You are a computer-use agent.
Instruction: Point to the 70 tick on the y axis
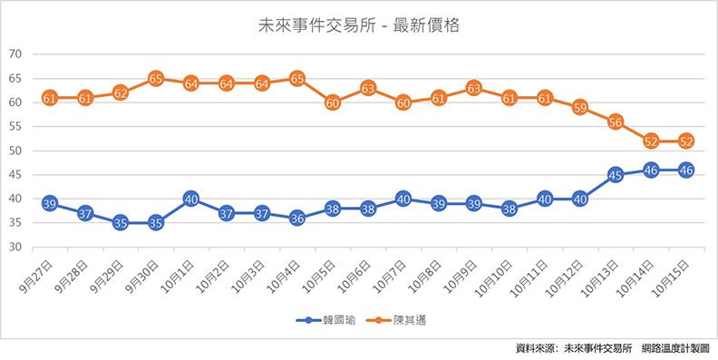(15, 54)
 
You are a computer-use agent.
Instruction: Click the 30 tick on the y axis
(15, 248)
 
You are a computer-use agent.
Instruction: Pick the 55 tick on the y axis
(15, 126)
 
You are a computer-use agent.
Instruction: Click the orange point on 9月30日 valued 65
(156, 79)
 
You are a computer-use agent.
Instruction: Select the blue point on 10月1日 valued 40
(191, 199)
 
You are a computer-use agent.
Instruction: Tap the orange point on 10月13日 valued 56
(616, 122)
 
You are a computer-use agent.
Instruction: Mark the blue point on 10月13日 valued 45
(616, 175)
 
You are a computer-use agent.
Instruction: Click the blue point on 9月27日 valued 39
(50, 204)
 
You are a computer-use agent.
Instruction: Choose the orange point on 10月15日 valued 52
(686, 141)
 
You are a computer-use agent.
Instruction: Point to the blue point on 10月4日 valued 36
(297, 219)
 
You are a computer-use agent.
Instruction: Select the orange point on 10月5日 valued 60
(333, 102)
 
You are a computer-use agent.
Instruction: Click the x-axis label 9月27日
(41, 275)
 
